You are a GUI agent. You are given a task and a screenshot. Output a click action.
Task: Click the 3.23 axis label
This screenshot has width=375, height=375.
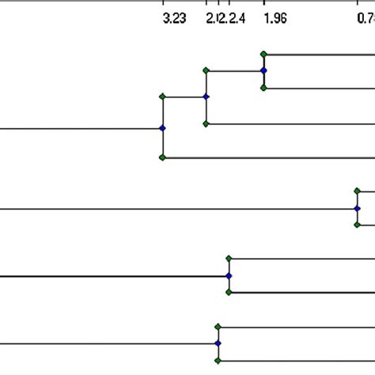[x=174, y=19]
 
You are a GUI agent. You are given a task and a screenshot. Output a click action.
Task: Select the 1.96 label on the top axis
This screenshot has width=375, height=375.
[x=275, y=19]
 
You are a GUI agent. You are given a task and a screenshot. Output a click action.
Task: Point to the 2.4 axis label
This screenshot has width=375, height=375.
[x=237, y=19]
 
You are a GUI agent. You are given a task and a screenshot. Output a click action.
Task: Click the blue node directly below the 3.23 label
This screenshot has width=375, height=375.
[x=162, y=127]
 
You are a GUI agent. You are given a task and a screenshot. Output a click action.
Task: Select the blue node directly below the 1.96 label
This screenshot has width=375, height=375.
[x=263, y=70]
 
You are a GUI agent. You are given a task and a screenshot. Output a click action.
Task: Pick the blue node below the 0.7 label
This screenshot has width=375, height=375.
[x=357, y=208]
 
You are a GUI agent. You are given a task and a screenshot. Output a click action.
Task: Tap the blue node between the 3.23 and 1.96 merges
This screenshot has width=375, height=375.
[x=206, y=97]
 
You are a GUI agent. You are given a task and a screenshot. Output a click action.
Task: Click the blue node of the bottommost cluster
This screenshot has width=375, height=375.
[x=218, y=343]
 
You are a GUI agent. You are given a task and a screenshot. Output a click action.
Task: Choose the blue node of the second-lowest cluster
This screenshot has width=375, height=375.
[x=229, y=275]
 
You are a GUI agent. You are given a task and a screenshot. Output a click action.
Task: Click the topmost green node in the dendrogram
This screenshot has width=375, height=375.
[x=263, y=54]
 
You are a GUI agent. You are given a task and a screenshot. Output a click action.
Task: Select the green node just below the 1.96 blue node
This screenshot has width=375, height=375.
[x=263, y=88]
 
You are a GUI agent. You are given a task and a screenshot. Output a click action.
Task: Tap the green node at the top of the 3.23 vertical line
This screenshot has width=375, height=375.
[x=162, y=97]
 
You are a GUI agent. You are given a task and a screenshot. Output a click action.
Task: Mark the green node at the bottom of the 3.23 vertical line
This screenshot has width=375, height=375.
[x=162, y=157]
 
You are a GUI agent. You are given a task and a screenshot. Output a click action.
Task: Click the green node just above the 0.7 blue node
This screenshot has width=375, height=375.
[x=357, y=191]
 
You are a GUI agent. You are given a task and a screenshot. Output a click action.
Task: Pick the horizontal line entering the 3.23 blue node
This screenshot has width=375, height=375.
[x=79, y=127]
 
